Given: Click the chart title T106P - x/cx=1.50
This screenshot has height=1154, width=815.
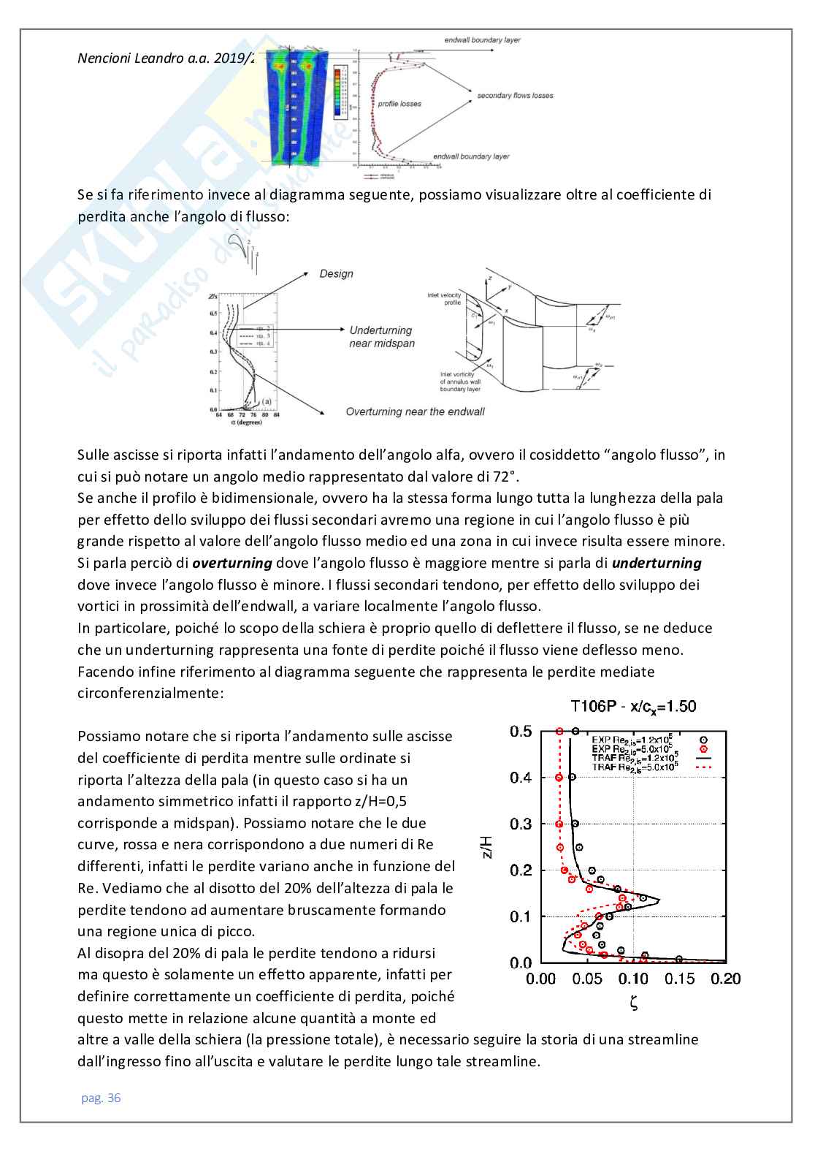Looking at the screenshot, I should [633, 706].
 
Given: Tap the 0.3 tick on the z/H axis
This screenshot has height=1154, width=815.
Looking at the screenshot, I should [521, 824].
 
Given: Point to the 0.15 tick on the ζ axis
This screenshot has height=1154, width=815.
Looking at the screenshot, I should [679, 979].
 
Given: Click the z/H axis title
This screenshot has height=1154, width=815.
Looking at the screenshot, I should [489, 847].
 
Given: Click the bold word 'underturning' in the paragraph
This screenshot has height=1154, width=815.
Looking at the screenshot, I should [657, 563].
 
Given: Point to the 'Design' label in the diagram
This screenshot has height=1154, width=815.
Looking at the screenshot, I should [336, 273].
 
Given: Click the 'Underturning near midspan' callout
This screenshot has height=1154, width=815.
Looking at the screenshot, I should [381, 337].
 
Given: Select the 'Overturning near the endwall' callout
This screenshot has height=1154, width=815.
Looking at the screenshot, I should [415, 411].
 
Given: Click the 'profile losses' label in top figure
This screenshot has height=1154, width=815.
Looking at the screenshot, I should [399, 104].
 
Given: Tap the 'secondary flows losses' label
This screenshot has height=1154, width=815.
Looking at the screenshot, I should [515, 96].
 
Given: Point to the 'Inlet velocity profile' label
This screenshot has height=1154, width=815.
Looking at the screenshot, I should [444, 299].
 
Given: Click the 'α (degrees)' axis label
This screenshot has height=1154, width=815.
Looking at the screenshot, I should [246, 422].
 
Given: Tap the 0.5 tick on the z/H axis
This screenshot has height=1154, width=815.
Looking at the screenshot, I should [521, 731].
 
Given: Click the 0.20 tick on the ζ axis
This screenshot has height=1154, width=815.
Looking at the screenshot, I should [726, 979].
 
